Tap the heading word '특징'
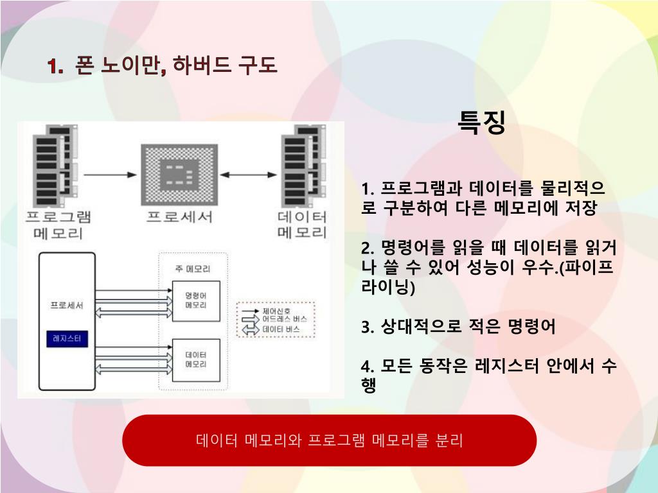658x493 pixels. click(481, 122)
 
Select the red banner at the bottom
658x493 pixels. click(329, 440)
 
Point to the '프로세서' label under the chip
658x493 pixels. click(179, 216)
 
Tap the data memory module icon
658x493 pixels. click(303, 164)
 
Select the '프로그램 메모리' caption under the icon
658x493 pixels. click(58, 225)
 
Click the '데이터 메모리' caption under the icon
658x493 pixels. click(302, 225)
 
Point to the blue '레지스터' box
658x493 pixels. click(67, 339)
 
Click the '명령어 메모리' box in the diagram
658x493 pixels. click(195, 300)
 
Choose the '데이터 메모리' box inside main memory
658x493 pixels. click(195, 359)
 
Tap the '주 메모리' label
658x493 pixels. click(193, 268)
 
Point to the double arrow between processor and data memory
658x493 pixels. click(247, 175)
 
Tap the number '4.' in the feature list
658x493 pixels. click(368, 366)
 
